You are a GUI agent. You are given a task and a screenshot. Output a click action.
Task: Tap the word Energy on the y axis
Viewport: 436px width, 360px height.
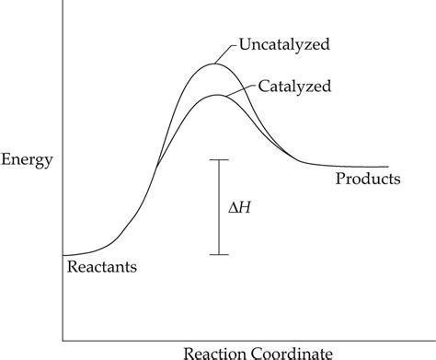(27, 159)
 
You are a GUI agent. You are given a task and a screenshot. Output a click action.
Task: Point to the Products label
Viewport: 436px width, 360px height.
(368, 179)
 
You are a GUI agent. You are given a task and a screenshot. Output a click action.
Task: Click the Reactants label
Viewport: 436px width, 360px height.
(102, 268)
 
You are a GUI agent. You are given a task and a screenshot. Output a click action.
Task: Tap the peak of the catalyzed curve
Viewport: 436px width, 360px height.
(215, 95)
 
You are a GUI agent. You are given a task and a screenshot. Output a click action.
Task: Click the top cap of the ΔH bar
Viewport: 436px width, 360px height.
(218, 160)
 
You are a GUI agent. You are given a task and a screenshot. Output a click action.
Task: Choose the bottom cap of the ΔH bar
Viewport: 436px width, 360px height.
(218, 253)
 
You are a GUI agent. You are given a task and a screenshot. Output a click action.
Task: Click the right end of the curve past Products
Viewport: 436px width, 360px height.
(388, 167)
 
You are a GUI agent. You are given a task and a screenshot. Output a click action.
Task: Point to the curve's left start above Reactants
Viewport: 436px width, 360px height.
(63, 254)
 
